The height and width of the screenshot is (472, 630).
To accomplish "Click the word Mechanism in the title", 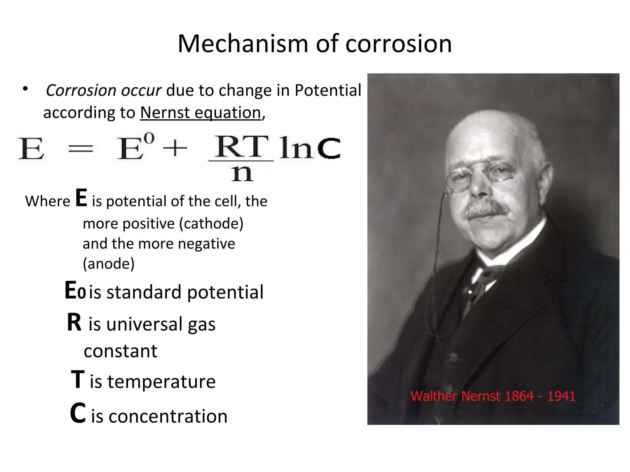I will pyautogui.click(x=243, y=44).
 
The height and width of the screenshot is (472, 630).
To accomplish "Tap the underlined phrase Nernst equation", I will pyautogui.click(x=201, y=112).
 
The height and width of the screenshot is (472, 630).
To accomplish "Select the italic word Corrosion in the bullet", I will pyautogui.click(x=81, y=90).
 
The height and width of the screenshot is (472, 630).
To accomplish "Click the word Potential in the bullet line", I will pyautogui.click(x=328, y=90).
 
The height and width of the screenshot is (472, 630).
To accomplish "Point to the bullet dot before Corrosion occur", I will pyautogui.click(x=25, y=89).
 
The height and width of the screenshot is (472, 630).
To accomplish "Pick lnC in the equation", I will pyautogui.click(x=310, y=148).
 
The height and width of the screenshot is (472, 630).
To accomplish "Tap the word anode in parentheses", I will pyautogui.click(x=109, y=264).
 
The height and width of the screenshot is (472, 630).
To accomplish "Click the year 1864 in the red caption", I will pyautogui.click(x=519, y=396).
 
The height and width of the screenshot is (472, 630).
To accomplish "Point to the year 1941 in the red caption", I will pyautogui.click(x=561, y=396).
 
